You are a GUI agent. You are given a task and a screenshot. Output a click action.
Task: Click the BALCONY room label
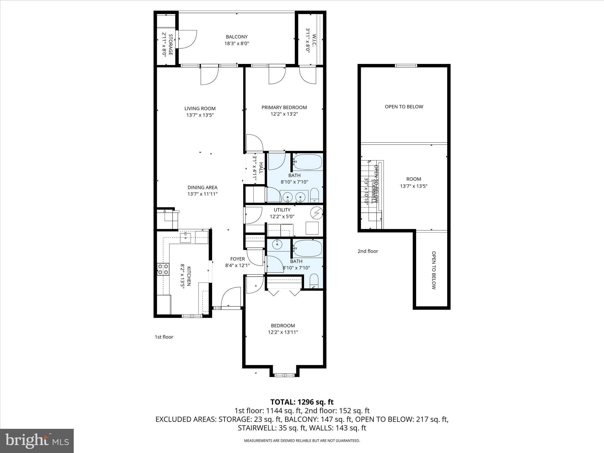[x=237, y=37]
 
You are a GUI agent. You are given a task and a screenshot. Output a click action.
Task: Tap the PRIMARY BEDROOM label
[x=284, y=108]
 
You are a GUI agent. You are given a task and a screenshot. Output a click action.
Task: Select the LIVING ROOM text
[x=200, y=109]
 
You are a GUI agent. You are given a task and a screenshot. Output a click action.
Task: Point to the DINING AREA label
[x=202, y=188]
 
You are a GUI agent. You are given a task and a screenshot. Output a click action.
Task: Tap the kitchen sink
[x=186, y=237]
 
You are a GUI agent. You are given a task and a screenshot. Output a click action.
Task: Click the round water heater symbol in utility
[x=317, y=213]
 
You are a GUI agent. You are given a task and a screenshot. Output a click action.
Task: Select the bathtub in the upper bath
[x=307, y=162]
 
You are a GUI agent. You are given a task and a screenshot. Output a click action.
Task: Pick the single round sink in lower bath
[x=277, y=244]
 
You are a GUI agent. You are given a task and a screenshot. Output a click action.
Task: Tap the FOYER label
[x=237, y=259]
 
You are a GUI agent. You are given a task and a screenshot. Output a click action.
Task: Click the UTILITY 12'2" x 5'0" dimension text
[x=282, y=216]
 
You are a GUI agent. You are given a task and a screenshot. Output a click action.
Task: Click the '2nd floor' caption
[x=368, y=251]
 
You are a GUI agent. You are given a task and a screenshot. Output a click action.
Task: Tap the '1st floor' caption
[x=164, y=337]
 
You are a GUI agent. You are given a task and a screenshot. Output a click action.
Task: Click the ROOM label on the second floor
[x=413, y=179]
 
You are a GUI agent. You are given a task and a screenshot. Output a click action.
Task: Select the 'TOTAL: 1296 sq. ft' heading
[x=302, y=402]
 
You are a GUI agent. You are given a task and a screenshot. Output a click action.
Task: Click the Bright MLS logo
[x=37, y=441]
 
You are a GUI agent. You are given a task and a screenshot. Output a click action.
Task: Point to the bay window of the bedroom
[x=285, y=375]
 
